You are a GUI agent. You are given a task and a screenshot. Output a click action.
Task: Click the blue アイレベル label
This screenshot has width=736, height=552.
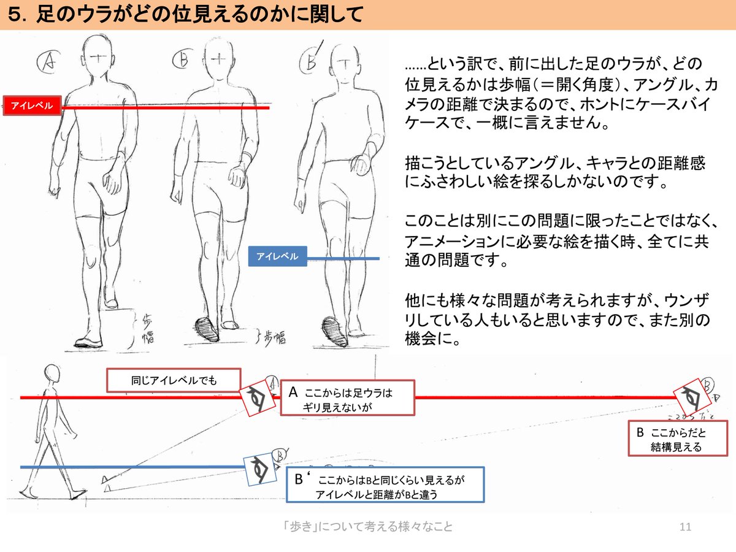pos(277,256)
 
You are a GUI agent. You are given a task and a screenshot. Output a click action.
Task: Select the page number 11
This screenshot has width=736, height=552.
pos(686,527)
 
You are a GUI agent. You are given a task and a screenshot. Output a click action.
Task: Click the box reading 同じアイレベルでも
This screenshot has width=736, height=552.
pos(174,380)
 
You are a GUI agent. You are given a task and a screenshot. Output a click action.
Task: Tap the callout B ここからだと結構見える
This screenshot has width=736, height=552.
pos(677,439)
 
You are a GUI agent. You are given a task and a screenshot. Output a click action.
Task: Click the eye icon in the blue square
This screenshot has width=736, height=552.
pos(258,470)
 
